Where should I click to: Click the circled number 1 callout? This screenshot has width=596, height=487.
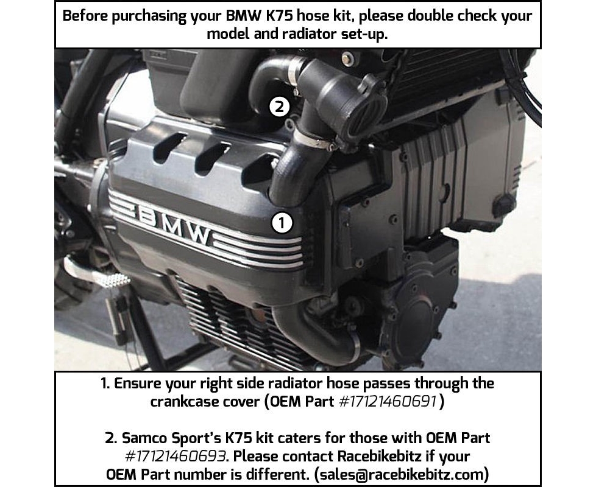click(282, 223)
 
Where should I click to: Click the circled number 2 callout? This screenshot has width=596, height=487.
click(279, 107)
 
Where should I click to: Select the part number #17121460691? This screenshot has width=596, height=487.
click(387, 401)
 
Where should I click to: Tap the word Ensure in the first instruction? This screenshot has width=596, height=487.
click(137, 384)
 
